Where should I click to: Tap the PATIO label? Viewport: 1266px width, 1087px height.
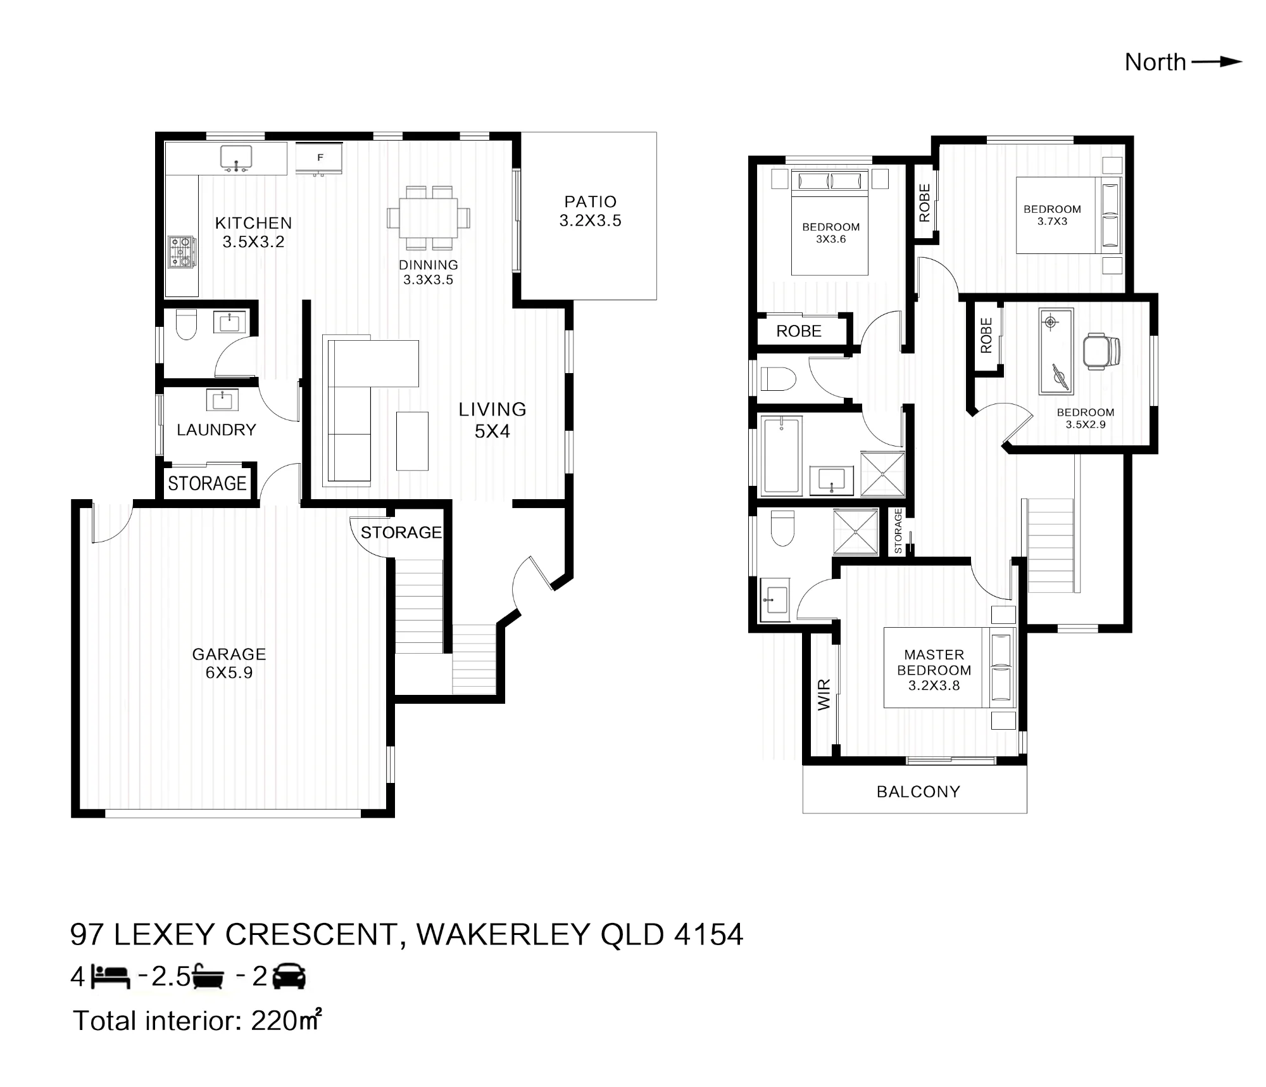(x=590, y=202)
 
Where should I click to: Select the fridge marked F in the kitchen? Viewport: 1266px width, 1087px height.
(x=320, y=158)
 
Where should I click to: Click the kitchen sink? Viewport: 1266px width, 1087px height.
(x=236, y=158)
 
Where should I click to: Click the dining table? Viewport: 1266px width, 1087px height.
(x=429, y=218)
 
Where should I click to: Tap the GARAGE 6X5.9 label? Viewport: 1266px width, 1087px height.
(x=229, y=663)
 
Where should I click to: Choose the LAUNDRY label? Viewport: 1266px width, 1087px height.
(x=216, y=430)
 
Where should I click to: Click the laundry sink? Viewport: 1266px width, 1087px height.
(x=222, y=400)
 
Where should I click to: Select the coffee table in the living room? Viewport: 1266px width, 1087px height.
(x=412, y=441)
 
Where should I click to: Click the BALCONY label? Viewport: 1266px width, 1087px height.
(x=918, y=792)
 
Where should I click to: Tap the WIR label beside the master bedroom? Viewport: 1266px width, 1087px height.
(x=824, y=695)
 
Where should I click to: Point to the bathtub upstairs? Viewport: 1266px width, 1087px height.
(x=782, y=455)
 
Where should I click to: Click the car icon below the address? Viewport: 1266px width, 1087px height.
(x=289, y=976)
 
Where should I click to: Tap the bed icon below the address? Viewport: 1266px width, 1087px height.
(x=111, y=977)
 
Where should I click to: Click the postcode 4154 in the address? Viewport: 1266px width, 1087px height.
(x=709, y=934)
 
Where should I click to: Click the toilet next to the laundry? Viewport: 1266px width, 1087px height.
(x=186, y=324)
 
